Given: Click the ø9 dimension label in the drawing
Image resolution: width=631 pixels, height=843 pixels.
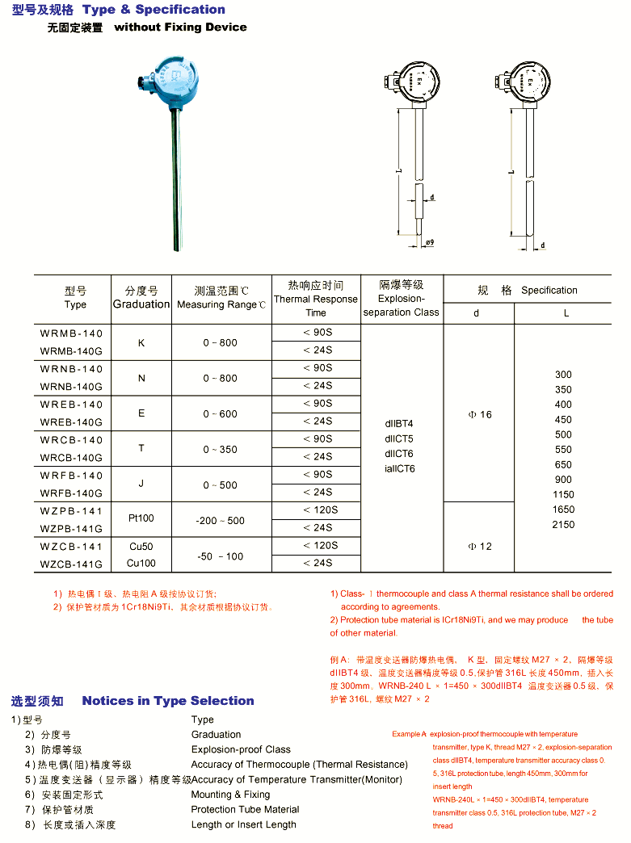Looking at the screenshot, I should point(429,242).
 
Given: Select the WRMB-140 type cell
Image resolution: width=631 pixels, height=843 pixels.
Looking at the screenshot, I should point(72,333).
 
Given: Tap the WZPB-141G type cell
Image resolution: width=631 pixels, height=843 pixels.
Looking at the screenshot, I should point(72,528).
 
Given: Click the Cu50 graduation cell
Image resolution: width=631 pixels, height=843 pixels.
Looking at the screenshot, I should point(141,547).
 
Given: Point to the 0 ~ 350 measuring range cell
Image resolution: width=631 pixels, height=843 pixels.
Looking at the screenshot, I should point(221,450).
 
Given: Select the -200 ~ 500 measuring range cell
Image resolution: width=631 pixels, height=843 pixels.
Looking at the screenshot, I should point(221,521).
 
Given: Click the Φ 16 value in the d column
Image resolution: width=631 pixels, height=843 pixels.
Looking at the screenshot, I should point(479,414).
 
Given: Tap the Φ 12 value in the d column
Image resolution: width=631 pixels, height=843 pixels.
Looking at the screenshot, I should point(479,547).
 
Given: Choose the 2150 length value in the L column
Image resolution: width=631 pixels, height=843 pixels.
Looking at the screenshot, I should point(563,525).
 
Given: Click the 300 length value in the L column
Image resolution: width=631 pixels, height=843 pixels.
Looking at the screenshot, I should point(563,375).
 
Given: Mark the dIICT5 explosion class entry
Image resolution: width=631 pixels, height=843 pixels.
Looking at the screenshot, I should point(398,438).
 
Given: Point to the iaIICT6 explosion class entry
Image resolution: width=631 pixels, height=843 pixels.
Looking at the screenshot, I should point(400,468).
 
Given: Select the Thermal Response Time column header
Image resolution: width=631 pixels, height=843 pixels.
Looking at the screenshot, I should point(316,299).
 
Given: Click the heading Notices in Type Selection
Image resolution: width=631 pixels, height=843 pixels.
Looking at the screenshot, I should point(168,701).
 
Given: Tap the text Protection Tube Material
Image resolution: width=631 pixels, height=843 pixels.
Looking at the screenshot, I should point(245,809).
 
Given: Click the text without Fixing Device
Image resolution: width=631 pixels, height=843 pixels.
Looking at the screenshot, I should point(180,27).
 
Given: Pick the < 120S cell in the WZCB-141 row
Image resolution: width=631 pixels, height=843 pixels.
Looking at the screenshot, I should point(320,546).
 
